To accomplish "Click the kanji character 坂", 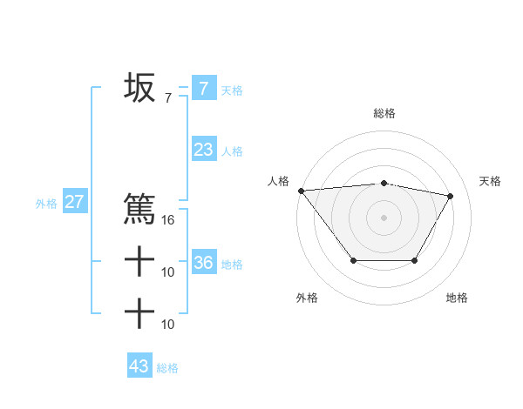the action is (x=139, y=88).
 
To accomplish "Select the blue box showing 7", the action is (x=203, y=88).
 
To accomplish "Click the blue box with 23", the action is (x=203, y=150).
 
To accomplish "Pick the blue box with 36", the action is (x=203, y=262).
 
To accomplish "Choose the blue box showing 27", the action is (x=74, y=202).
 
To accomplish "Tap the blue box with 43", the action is (x=139, y=366).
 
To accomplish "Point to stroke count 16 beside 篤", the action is (x=168, y=220).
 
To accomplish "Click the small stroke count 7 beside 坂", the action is (x=168, y=98).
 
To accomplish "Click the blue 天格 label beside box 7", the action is (x=232, y=90).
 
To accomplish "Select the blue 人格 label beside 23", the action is (x=232, y=151).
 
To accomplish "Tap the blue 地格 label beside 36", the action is (x=232, y=264).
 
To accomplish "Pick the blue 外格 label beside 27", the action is (x=45, y=204).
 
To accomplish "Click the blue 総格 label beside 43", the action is (x=167, y=368).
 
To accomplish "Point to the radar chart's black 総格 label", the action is (x=384, y=113).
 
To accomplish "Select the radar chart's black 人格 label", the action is (x=278, y=181).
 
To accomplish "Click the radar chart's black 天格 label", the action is (x=490, y=181).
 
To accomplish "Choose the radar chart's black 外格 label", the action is (x=307, y=298).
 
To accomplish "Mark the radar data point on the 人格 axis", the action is (x=301, y=190).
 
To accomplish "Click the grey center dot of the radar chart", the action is (x=384, y=217).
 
